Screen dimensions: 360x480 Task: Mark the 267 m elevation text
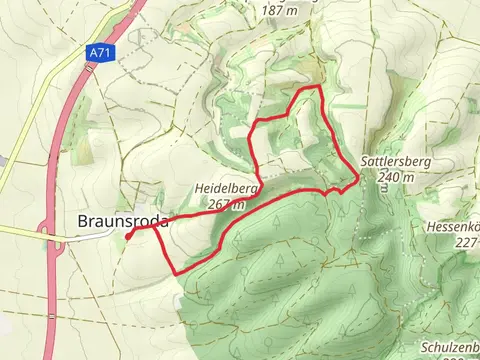click(227, 204)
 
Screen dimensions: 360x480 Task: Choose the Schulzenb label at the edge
click(450, 345)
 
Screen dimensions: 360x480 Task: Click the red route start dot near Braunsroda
click(130, 235)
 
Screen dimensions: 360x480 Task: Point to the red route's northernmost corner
click(318, 87)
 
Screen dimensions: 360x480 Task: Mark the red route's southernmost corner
click(179, 273)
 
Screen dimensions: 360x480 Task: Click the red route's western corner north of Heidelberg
click(250, 123)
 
